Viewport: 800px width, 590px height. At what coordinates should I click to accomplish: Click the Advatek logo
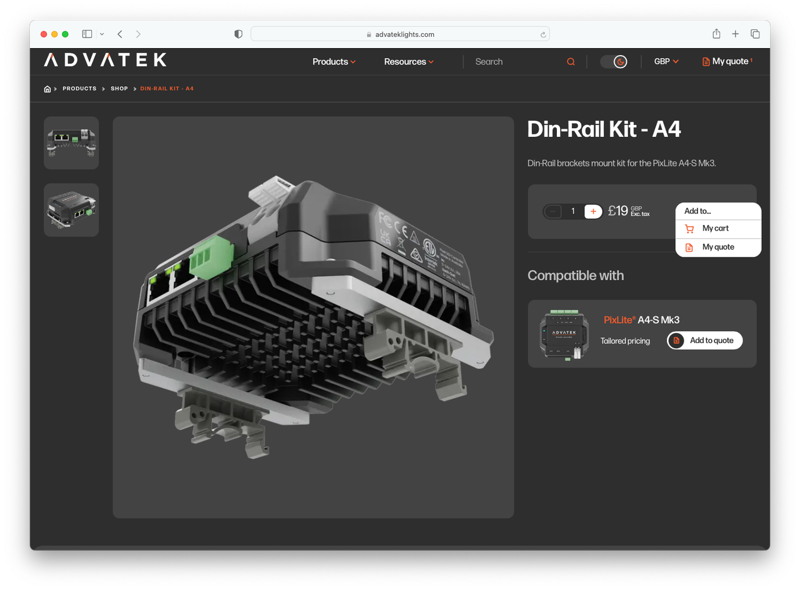[105, 60]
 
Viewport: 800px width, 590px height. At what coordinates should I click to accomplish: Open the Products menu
[334, 62]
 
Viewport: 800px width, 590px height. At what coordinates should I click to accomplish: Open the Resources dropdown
[409, 62]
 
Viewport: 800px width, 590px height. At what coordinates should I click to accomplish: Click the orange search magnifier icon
[571, 62]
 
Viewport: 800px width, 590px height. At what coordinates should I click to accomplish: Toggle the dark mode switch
[613, 62]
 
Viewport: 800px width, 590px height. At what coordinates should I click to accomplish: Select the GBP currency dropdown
[666, 62]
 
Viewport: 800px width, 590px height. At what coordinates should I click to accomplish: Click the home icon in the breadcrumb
[47, 89]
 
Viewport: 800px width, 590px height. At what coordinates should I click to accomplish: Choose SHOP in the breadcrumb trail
[119, 89]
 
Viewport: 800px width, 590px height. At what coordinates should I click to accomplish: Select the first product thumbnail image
[71, 143]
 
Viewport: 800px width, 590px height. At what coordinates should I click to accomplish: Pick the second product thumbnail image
[71, 210]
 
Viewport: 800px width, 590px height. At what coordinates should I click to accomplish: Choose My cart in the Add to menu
[715, 229]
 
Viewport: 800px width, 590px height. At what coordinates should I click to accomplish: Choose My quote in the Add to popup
[717, 247]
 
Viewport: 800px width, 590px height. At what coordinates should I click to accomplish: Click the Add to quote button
[704, 341]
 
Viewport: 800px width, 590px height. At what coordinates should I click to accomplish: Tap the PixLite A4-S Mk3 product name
[641, 320]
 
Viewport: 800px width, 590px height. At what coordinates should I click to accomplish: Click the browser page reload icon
[543, 35]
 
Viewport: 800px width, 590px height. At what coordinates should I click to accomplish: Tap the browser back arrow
[120, 34]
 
